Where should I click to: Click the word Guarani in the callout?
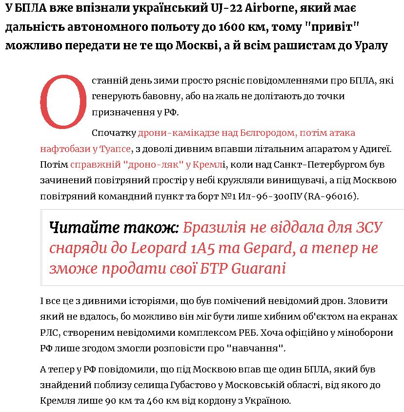pos(258,269)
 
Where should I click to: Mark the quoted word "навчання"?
pos(257,349)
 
